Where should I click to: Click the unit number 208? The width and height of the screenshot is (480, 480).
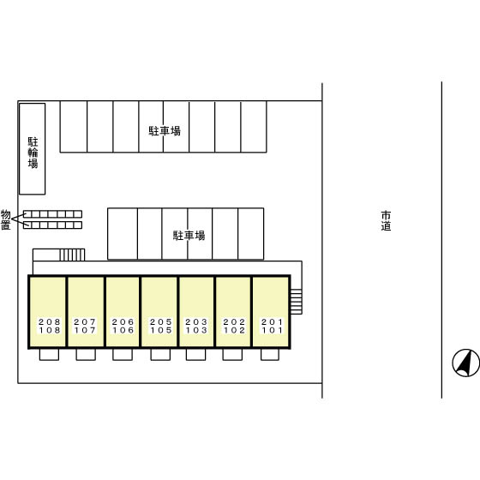pyautogui.click(x=50, y=321)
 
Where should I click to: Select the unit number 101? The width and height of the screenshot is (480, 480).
pyautogui.click(x=272, y=330)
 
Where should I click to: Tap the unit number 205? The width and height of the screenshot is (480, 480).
pyautogui.click(x=160, y=321)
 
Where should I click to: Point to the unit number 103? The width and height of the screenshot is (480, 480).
pyautogui.click(x=196, y=330)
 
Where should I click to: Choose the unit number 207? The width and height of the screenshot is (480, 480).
pyautogui.click(x=85, y=321)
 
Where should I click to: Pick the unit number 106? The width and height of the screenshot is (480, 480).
pyautogui.click(x=123, y=330)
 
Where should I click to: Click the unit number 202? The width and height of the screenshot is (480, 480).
pyautogui.click(x=234, y=321)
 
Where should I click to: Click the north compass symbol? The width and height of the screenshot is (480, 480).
pyautogui.click(x=466, y=363)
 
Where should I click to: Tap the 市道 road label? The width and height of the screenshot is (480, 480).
pyautogui.click(x=386, y=220)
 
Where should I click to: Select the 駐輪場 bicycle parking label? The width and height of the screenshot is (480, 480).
pyautogui.click(x=33, y=153)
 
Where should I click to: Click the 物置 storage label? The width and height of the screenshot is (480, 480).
pyautogui.click(x=5, y=219)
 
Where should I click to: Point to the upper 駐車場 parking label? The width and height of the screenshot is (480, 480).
pyautogui.click(x=165, y=130)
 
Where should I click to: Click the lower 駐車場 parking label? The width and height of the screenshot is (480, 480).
pyautogui.click(x=189, y=236)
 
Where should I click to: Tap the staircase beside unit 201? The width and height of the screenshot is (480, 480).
pyautogui.click(x=296, y=302)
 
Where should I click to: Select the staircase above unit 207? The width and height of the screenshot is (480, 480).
pyautogui.click(x=72, y=255)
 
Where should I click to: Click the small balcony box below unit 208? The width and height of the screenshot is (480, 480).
pyautogui.click(x=49, y=355)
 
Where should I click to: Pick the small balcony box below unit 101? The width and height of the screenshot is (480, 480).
pyautogui.click(x=270, y=355)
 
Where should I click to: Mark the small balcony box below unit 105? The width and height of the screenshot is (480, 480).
pyautogui.click(x=160, y=355)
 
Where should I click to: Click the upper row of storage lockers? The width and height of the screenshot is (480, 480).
pyautogui.click(x=52, y=214)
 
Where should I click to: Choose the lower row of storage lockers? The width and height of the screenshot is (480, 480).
pyautogui.click(x=52, y=225)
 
